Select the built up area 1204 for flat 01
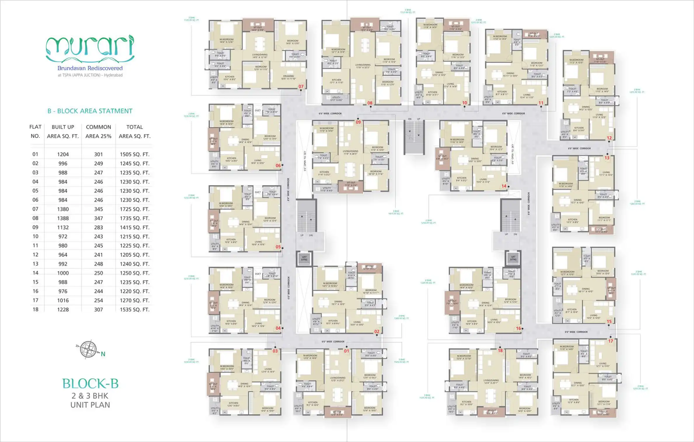pyautogui.click(x=63, y=154)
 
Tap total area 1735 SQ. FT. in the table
pyautogui.click(x=134, y=218)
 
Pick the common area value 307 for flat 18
pyautogui.click(x=98, y=309)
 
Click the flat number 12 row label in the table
pyautogui.click(x=35, y=255)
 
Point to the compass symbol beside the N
pyautogui.click(x=88, y=349)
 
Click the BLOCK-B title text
pyautogui.click(x=90, y=384)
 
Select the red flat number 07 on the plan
pyautogui.click(x=301, y=86)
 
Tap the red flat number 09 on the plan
pyautogui.click(x=358, y=122)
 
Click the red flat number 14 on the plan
pyautogui.click(x=504, y=186)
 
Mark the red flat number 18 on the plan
pyautogui.click(x=500, y=351)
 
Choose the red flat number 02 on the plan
pyautogui.click(x=377, y=331)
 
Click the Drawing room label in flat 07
pyautogui.click(x=288, y=77)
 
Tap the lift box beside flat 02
pyautogui.click(x=304, y=259)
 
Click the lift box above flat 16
pyautogui.click(x=513, y=258)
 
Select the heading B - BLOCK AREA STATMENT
pyautogui.click(x=90, y=111)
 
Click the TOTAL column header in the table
pyautogui.click(x=134, y=127)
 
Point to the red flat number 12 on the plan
pyautogui.click(x=609, y=138)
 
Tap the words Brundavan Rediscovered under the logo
pyautogui.click(x=90, y=68)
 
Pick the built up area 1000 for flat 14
pyautogui.click(x=63, y=273)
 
